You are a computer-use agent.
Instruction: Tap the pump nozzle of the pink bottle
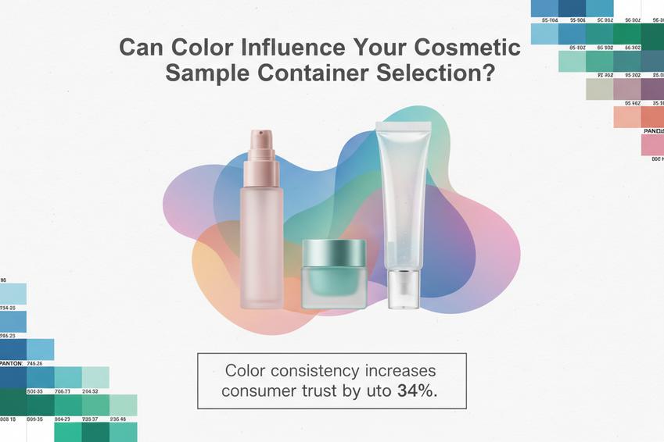click(x=260, y=144)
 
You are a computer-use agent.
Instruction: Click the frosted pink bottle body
click(x=261, y=242)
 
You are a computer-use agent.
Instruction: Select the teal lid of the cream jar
click(x=334, y=251)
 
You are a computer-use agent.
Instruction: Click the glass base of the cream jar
click(x=334, y=289)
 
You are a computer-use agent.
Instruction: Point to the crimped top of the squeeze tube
click(x=402, y=126)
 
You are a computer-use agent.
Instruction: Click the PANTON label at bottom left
click(x=11, y=363)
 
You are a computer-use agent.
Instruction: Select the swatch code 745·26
click(x=35, y=363)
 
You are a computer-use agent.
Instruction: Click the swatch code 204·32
click(x=91, y=392)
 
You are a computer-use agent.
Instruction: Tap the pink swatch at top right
click(x=652, y=145)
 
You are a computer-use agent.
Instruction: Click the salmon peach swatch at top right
click(x=627, y=117)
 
